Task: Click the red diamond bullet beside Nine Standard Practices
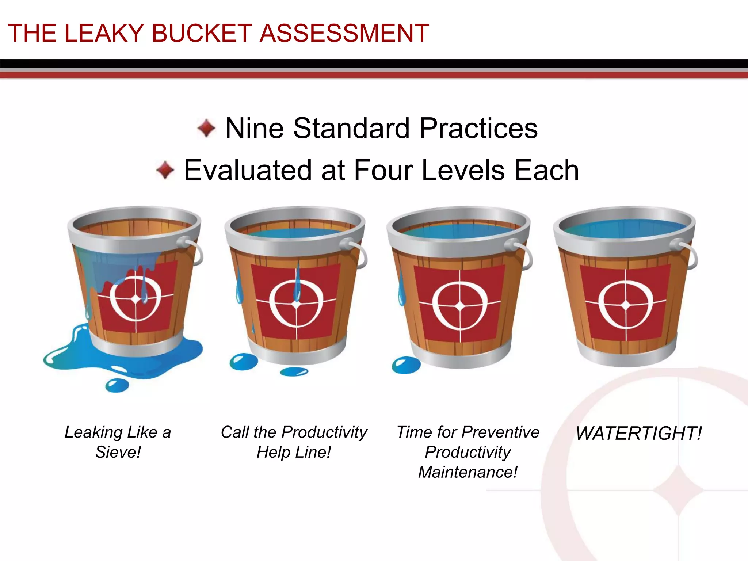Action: pyautogui.click(x=206, y=128)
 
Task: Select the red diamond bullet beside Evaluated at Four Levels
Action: pyautogui.click(x=165, y=170)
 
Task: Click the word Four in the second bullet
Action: pyautogui.click(x=383, y=170)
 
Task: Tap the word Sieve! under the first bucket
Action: pyautogui.click(x=118, y=452)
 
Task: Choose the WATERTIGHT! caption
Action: pyautogui.click(x=639, y=433)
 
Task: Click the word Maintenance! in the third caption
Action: pyautogui.click(x=467, y=472)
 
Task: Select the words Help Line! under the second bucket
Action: pyautogui.click(x=294, y=452)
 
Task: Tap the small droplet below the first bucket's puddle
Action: pyautogui.click(x=117, y=385)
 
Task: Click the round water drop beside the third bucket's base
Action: pyautogui.click(x=406, y=365)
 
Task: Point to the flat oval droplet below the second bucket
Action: pyautogui.click(x=294, y=372)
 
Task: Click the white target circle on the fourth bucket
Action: pyautogui.click(x=626, y=305)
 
